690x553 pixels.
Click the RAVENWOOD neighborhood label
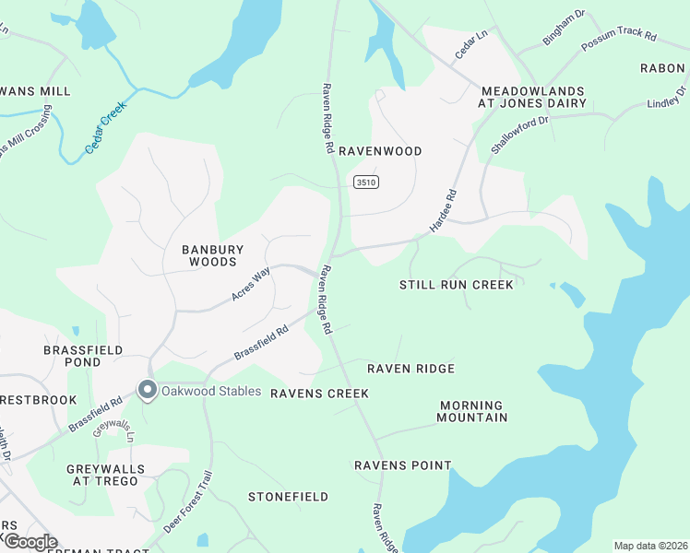380,151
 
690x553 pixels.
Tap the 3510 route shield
365,182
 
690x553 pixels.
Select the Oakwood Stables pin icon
147,391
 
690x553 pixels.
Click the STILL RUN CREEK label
456,285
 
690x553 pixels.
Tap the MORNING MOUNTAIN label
472,411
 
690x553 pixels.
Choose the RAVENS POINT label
403,465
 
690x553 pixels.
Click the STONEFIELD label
288,497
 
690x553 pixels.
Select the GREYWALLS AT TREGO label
107,475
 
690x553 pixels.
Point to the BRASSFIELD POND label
72,356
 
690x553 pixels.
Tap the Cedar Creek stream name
105,128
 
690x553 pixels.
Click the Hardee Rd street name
444,211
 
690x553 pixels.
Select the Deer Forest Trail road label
188,502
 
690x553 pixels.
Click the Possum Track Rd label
618,41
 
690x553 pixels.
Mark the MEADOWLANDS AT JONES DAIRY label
531,97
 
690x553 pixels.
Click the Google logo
30,542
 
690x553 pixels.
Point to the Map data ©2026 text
650,546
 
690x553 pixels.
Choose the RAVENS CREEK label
319,394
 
